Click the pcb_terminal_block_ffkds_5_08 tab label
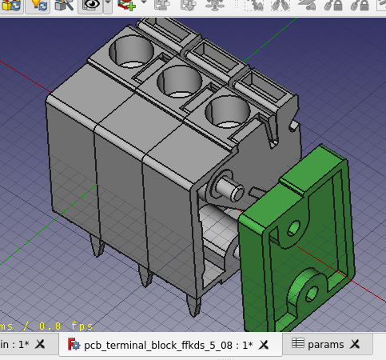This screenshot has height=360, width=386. (x=168, y=345)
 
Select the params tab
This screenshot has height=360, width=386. (x=324, y=345)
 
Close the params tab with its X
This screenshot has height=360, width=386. (x=356, y=345)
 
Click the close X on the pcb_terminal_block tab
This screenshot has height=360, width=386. (x=265, y=345)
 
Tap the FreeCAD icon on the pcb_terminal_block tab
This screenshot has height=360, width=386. (x=74, y=345)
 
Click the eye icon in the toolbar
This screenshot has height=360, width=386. (x=91, y=6)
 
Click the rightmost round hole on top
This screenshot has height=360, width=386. (x=227, y=113)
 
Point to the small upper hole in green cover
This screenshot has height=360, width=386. (x=292, y=229)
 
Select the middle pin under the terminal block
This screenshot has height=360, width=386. (x=145, y=278)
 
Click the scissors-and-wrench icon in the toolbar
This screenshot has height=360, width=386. (x=66, y=6)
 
